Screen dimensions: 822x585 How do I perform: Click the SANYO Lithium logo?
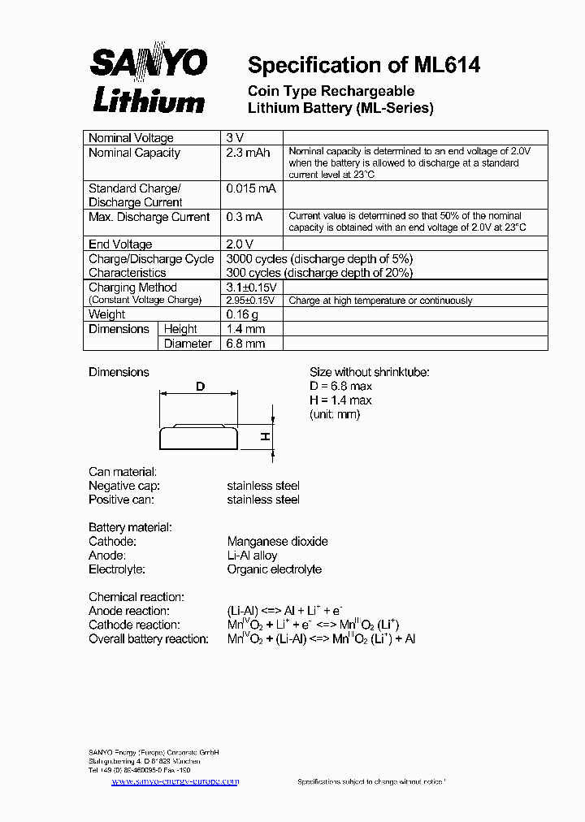[148, 80]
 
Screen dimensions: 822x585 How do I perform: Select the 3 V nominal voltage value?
[234, 138]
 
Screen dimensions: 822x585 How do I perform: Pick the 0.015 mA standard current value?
[251, 188]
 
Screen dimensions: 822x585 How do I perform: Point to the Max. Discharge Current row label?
[149, 217]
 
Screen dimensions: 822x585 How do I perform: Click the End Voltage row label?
[120, 244]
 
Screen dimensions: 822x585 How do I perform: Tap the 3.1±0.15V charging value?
[252, 288]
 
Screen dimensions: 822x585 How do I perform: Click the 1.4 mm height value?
[245, 329]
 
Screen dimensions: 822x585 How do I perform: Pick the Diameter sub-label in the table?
[188, 344]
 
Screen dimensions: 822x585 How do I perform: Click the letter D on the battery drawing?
[200, 387]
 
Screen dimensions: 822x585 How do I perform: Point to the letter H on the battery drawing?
[265, 437]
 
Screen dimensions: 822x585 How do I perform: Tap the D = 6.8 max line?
[340, 386]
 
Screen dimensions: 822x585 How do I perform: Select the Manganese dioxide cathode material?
[277, 541]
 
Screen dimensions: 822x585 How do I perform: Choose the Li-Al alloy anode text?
[252, 556]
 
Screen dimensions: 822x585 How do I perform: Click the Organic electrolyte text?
[274, 569]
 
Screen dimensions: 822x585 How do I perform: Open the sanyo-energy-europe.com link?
[175, 781]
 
